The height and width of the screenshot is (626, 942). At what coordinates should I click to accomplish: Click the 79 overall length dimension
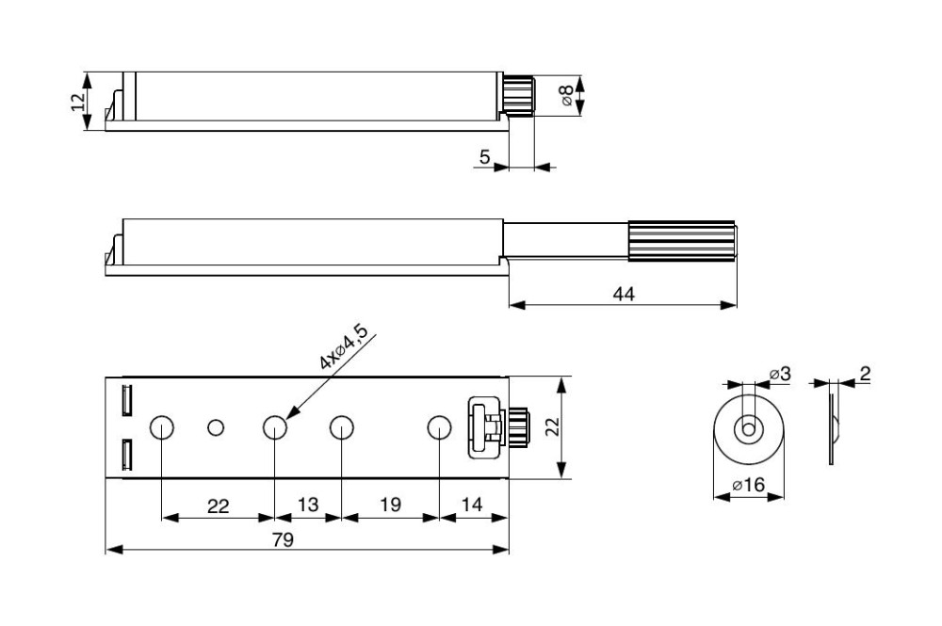coord(283,540)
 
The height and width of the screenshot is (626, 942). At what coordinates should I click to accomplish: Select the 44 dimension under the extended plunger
coord(624,294)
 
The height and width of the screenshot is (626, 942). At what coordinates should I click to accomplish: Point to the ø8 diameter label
coord(566,95)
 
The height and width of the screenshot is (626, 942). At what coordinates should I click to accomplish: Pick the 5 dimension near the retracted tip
coord(485,156)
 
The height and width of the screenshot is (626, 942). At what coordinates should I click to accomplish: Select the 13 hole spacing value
coord(308,505)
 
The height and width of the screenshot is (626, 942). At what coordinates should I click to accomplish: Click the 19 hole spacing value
coord(391,505)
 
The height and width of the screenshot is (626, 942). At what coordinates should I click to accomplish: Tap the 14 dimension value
coord(472,505)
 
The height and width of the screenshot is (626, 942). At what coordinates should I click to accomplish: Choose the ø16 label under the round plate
coord(749,485)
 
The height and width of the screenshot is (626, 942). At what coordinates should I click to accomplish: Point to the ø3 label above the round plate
coord(780,374)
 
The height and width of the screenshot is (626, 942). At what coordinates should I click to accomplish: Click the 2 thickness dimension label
coord(865,374)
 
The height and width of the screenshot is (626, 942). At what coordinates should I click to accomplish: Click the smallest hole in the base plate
coord(215,428)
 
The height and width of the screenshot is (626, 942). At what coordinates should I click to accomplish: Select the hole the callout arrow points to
coord(274,428)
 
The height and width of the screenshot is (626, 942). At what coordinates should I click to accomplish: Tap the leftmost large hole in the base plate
coord(161,428)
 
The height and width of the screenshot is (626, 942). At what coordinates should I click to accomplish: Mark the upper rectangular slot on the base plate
coord(126,400)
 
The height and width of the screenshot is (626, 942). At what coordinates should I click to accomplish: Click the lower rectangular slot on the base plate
coord(126,455)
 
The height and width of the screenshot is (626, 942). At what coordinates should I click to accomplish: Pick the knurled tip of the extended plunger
coord(682,241)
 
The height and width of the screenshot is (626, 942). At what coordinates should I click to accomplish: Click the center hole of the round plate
coord(749,430)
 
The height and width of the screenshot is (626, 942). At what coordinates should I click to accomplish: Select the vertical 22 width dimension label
coord(553,426)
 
